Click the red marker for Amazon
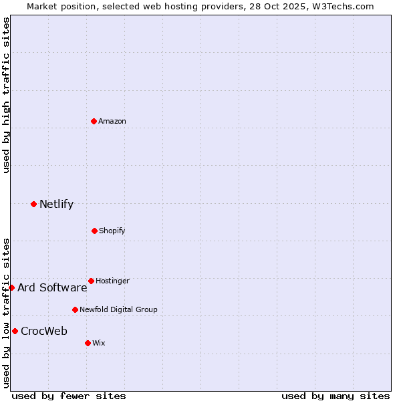point(94,121)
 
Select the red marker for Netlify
point(33,204)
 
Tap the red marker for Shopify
point(94,231)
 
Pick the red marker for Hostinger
point(91,281)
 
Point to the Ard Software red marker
point(11,287)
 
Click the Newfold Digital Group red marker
point(75,309)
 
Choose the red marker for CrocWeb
point(15,331)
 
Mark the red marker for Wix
point(88,343)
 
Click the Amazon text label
point(112,121)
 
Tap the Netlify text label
point(56,204)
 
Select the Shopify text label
point(112,231)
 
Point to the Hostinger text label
point(112,281)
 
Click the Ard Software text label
point(52,287)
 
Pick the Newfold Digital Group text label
point(118,309)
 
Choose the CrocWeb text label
point(44,331)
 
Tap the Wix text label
point(99,343)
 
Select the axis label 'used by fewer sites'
point(69,396)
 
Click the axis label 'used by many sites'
point(336,396)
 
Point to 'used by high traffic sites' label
point(6,96)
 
